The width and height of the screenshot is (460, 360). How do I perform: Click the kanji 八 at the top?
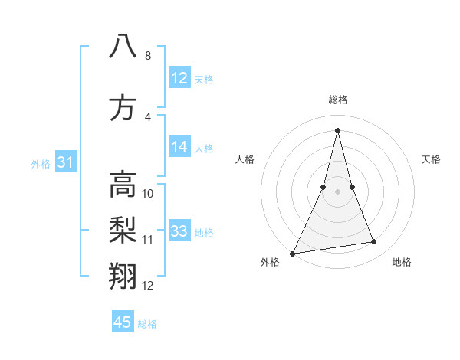123,46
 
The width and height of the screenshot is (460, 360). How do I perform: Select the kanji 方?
123,108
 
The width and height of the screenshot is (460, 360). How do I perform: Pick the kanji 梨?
123,230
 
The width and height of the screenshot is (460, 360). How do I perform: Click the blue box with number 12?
179,78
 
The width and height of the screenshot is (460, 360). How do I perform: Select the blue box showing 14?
179,148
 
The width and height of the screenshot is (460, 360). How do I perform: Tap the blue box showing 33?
179,232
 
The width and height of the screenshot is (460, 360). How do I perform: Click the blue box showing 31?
66,162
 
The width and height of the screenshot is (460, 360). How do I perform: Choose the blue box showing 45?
123,322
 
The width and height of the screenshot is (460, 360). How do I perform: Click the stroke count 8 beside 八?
148,56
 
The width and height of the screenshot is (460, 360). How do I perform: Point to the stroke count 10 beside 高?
148,194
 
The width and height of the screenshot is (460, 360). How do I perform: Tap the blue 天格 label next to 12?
204,80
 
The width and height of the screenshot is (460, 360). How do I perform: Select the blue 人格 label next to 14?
204,149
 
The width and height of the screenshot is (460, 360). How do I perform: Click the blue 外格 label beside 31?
41,163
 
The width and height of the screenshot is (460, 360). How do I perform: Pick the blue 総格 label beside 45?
147,324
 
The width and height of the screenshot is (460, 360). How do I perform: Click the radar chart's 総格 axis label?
337,100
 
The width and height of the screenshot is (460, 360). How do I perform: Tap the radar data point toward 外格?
293,253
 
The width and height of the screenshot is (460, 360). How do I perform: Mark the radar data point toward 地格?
373,242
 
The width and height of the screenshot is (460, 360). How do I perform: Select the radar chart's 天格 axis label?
432,159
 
